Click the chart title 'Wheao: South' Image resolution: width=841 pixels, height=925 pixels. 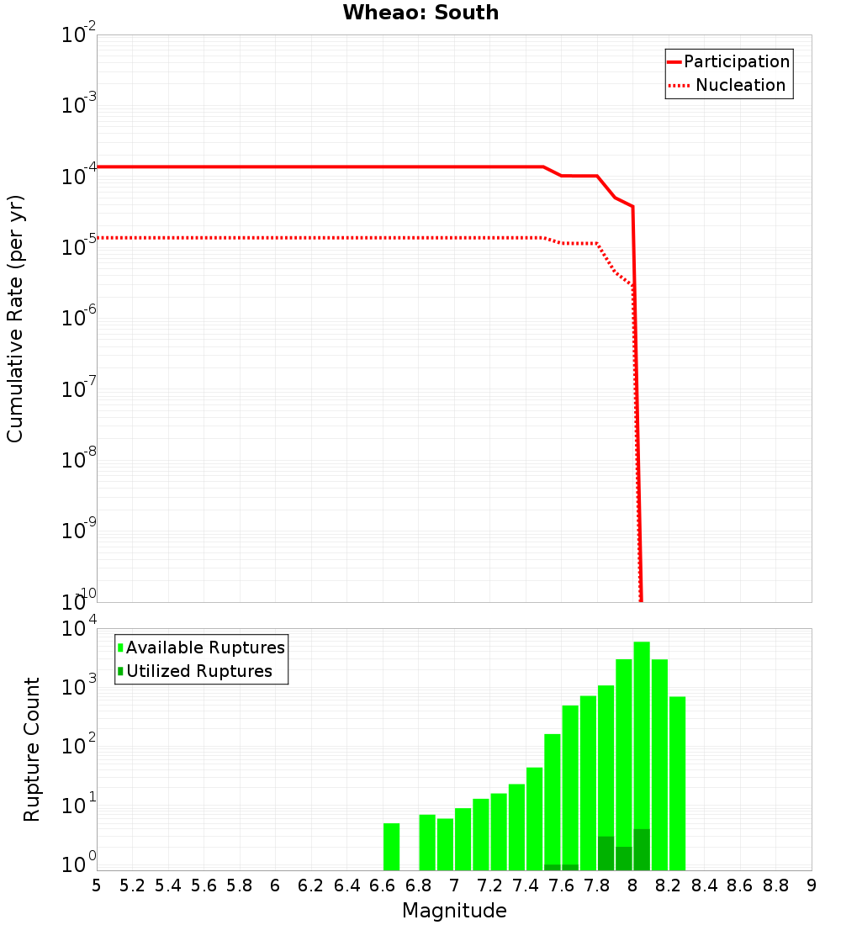click(x=420, y=13)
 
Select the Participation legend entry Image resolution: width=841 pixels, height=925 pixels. click(x=728, y=61)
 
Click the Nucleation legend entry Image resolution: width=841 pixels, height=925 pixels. click(x=728, y=85)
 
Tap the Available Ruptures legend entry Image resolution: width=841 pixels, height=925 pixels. click(x=201, y=647)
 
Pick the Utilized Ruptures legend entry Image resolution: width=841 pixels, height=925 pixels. click(x=194, y=671)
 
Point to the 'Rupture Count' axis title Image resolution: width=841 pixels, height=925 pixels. click(x=32, y=748)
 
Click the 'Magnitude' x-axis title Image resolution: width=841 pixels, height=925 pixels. click(x=454, y=911)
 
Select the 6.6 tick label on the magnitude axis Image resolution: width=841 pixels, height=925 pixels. click(x=382, y=885)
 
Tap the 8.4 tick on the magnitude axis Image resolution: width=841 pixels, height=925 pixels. click(x=704, y=885)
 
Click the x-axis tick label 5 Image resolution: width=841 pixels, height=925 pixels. click(x=97, y=885)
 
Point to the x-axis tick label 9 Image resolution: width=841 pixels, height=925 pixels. click(x=811, y=885)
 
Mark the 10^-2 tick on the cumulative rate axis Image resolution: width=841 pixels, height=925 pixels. click(x=79, y=35)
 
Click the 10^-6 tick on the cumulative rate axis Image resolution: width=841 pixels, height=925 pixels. click(x=79, y=318)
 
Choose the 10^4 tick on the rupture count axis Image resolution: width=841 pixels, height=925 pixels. click(x=79, y=629)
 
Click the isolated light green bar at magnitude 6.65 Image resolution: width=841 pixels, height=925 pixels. click(x=391, y=846)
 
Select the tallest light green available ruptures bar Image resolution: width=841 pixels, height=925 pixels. click(x=642, y=740)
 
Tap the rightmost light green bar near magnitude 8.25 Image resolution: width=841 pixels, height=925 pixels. click(x=677, y=782)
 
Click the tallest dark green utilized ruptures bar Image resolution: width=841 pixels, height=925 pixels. click(x=642, y=849)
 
